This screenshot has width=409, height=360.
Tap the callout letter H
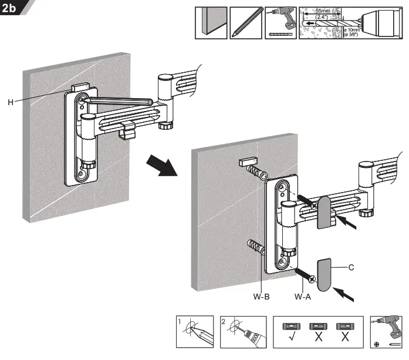tap(11, 102)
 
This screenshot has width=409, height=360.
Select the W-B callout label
tap(262, 297)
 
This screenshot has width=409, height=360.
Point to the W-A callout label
tap(303, 297)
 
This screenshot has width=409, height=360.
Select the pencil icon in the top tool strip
tap(245, 23)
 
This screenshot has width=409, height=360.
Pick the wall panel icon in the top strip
tap(211, 23)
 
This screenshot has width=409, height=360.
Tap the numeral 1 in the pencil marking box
tap(181, 321)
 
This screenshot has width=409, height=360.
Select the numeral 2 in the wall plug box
tap(225, 321)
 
